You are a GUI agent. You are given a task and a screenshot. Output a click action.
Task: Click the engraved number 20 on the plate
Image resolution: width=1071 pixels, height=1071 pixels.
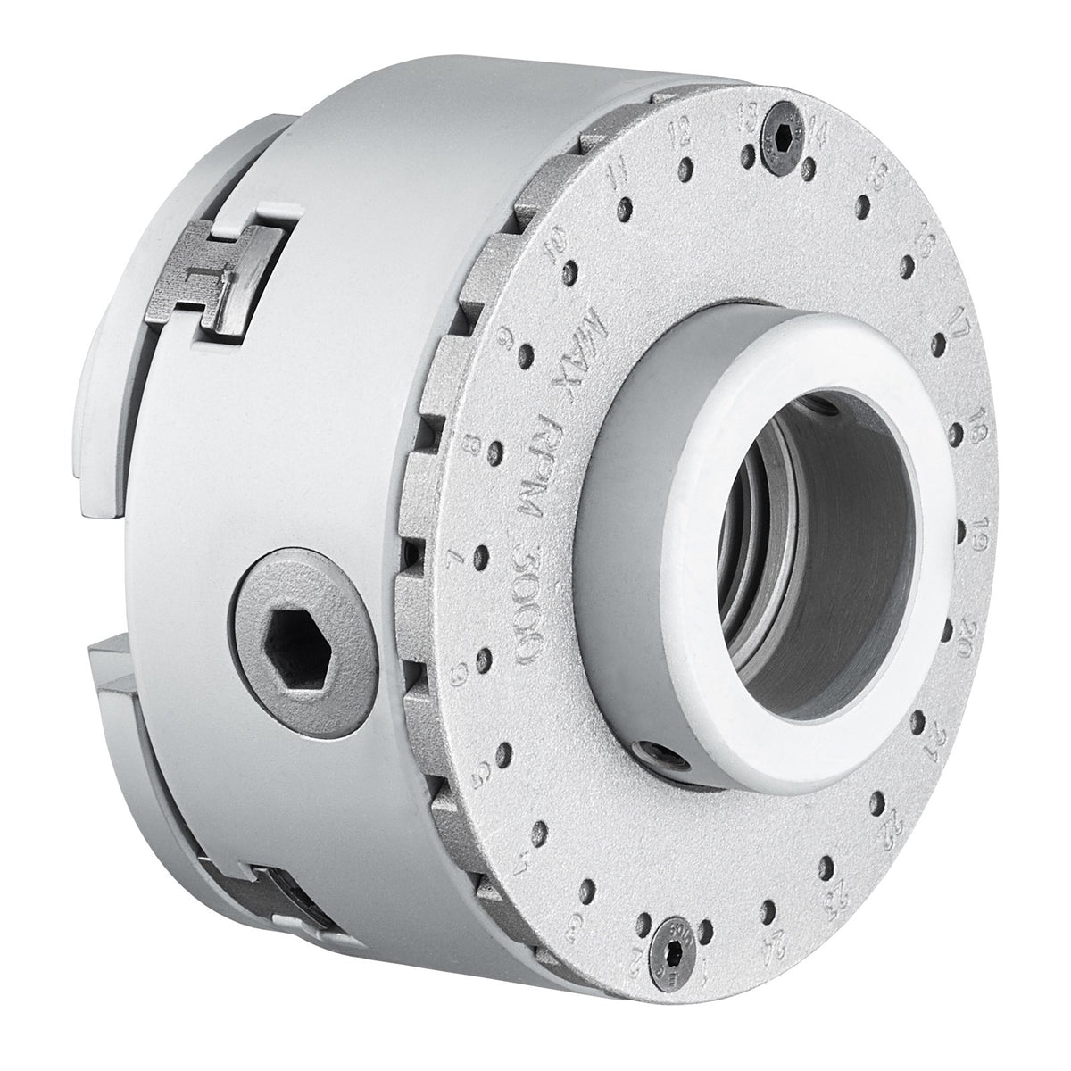click(x=987, y=642)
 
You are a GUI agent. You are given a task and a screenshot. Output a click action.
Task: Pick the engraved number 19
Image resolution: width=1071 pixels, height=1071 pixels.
click(x=987, y=532)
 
